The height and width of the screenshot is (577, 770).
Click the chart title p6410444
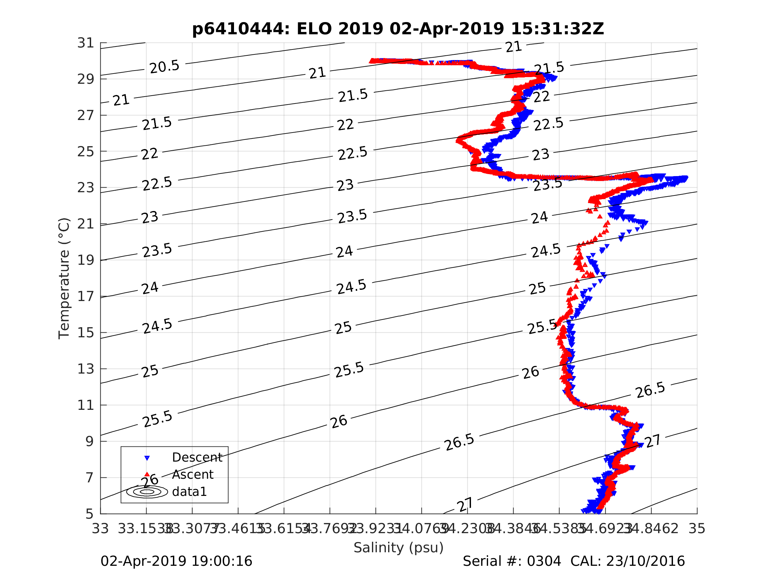coord(398,29)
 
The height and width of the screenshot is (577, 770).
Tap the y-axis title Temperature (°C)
coord(64,278)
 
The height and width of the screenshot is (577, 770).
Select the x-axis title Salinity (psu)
coord(399,547)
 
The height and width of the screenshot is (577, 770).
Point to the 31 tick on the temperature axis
coord(85,43)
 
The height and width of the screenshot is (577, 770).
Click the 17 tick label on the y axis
coord(85,296)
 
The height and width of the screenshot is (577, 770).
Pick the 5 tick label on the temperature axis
coord(89,514)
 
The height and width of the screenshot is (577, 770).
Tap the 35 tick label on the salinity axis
coord(697,529)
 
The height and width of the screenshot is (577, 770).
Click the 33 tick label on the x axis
coord(100,529)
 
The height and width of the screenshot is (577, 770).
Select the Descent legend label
coord(197,457)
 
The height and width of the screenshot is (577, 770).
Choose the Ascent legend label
coord(192,474)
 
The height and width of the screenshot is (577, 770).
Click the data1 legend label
coord(189,492)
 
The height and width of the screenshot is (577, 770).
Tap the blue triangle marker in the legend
coord(147,458)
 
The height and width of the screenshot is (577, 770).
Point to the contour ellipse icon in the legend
coord(147,492)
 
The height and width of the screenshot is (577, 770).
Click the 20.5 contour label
coord(164,66)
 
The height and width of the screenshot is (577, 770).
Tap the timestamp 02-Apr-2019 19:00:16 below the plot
coord(176,562)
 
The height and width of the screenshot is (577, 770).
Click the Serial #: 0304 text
coord(512,562)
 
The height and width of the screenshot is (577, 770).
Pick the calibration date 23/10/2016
coord(645,562)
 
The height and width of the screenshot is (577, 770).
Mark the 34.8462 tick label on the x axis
coord(651,529)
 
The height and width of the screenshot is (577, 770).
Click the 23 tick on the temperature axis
coord(85,188)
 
